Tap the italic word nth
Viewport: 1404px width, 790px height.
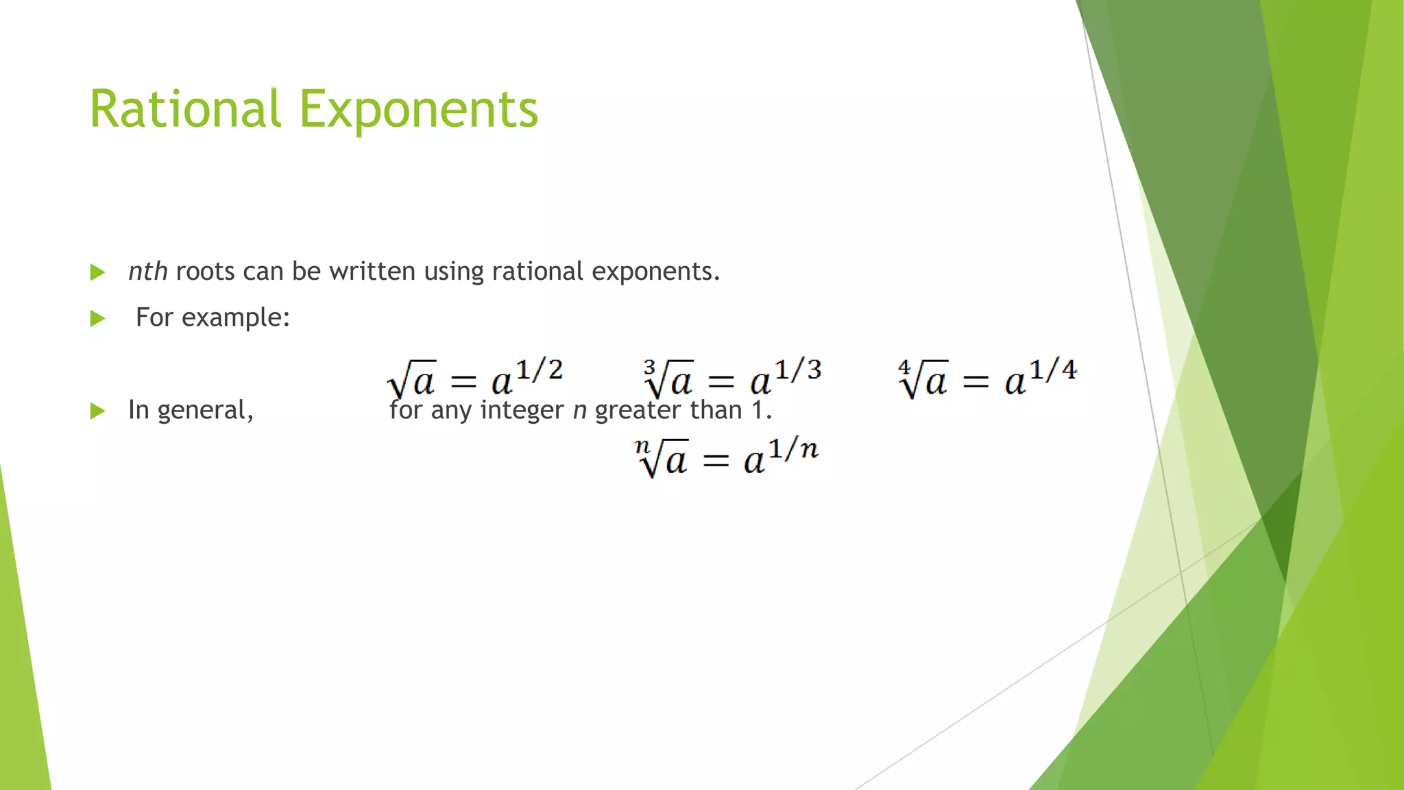148,272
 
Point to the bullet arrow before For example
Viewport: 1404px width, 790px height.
98,318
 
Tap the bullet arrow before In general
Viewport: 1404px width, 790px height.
98,411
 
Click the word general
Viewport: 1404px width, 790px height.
205,411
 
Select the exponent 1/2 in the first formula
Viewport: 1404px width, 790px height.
539,370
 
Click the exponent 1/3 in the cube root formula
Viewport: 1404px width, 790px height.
797,370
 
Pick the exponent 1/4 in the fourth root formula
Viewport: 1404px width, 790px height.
1052,370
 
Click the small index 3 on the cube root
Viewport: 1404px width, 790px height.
649,368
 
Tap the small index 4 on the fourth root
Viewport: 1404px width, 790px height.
904,368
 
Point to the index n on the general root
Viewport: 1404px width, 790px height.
642,446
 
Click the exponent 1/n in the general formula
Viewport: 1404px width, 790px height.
793,450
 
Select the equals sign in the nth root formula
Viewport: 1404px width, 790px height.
716,461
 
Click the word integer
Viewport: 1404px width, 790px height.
522,411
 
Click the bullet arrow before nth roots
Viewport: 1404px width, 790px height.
98,272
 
